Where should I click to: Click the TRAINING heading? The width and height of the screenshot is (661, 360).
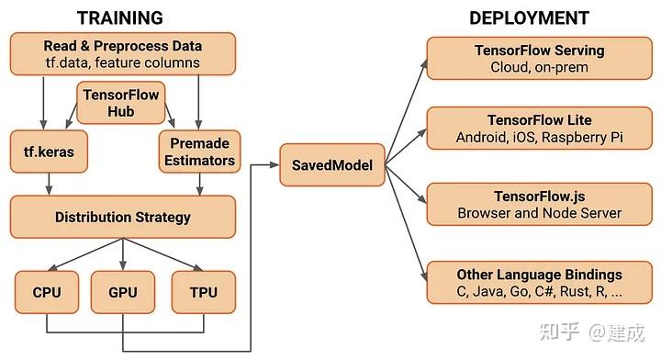(120, 17)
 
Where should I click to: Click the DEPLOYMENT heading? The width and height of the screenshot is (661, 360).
(529, 17)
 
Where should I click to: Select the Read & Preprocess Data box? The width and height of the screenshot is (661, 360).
(123, 54)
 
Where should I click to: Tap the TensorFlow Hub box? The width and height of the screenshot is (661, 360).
(121, 102)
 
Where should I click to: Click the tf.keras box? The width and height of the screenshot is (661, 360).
(48, 152)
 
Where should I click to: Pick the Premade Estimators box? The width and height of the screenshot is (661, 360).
(199, 152)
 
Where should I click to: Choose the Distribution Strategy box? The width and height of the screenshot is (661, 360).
(123, 218)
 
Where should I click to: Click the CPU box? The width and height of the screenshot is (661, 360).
(46, 292)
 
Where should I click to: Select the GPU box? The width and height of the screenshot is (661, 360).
(122, 292)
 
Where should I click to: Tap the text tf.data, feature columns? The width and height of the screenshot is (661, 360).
(123, 62)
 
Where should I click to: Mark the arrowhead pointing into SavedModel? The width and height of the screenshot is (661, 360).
(274, 164)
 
